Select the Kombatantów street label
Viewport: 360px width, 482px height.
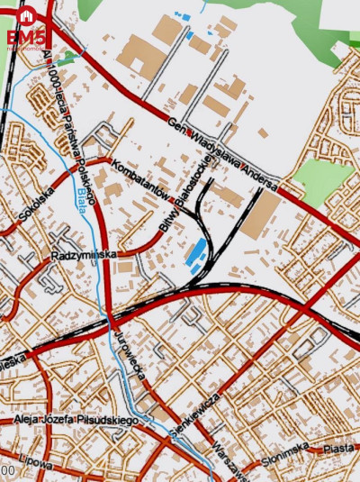(x=143, y=177)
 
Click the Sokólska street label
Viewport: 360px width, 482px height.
(x=37, y=205)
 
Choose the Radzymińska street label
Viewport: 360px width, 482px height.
(x=84, y=255)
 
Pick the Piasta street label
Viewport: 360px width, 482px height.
(x=339, y=448)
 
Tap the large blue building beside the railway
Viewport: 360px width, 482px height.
(x=193, y=253)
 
